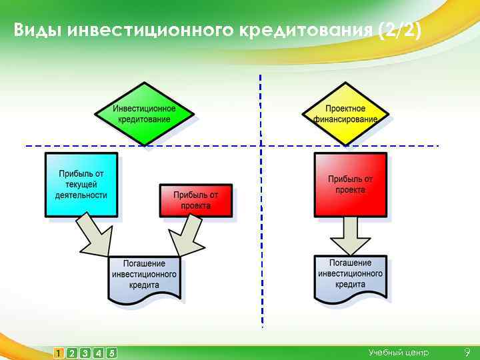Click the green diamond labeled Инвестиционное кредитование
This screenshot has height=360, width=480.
pyautogui.click(x=144, y=114)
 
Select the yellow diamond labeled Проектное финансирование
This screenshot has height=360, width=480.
pyautogui.click(x=345, y=114)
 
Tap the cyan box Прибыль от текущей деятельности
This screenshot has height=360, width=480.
pyautogui.click(x=81, y=185)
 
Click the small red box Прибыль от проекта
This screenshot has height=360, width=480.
pyautogui.click(x=196, y=200)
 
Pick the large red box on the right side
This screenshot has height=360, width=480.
pyautogui.click(x=350, y=185)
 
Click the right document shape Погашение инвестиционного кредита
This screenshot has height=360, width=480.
pyautogui.click(x=350, y=275)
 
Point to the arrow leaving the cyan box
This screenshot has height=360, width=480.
pyautogui.click(x=94, y=235)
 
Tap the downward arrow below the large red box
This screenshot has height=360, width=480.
pyautogui.click(x=350, y=237)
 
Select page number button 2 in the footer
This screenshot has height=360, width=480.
pyautogui.click(x=71, y=353)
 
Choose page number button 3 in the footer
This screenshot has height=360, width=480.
pyautogui.click(x=85, y=353)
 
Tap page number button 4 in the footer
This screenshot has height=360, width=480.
pyautogui.click(x=98, y=353)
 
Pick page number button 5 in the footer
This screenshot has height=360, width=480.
pyautogui.click(x=111, y=353)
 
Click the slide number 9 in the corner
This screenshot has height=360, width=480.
pyautogui.click(x=467, y=352)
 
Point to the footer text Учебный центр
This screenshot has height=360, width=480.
pyautogui.click(x=399, y=352)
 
